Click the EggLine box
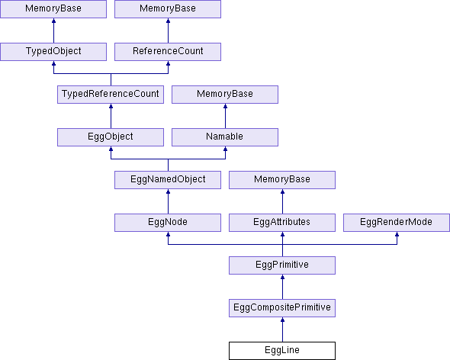282,351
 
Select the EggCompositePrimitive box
282,307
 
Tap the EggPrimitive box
282,265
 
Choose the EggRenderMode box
397,223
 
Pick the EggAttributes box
282,223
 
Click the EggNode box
168,223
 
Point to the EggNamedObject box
168,180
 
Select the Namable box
225,137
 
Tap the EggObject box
111,137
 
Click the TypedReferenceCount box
111,94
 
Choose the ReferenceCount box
168,52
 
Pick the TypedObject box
53,52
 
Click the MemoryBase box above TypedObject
53,9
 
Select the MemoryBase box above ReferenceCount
168,9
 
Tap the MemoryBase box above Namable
225,94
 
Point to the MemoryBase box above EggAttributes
282,180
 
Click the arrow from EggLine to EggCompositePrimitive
282,329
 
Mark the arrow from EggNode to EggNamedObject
168,201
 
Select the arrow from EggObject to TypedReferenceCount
111,116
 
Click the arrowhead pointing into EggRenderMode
397,234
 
